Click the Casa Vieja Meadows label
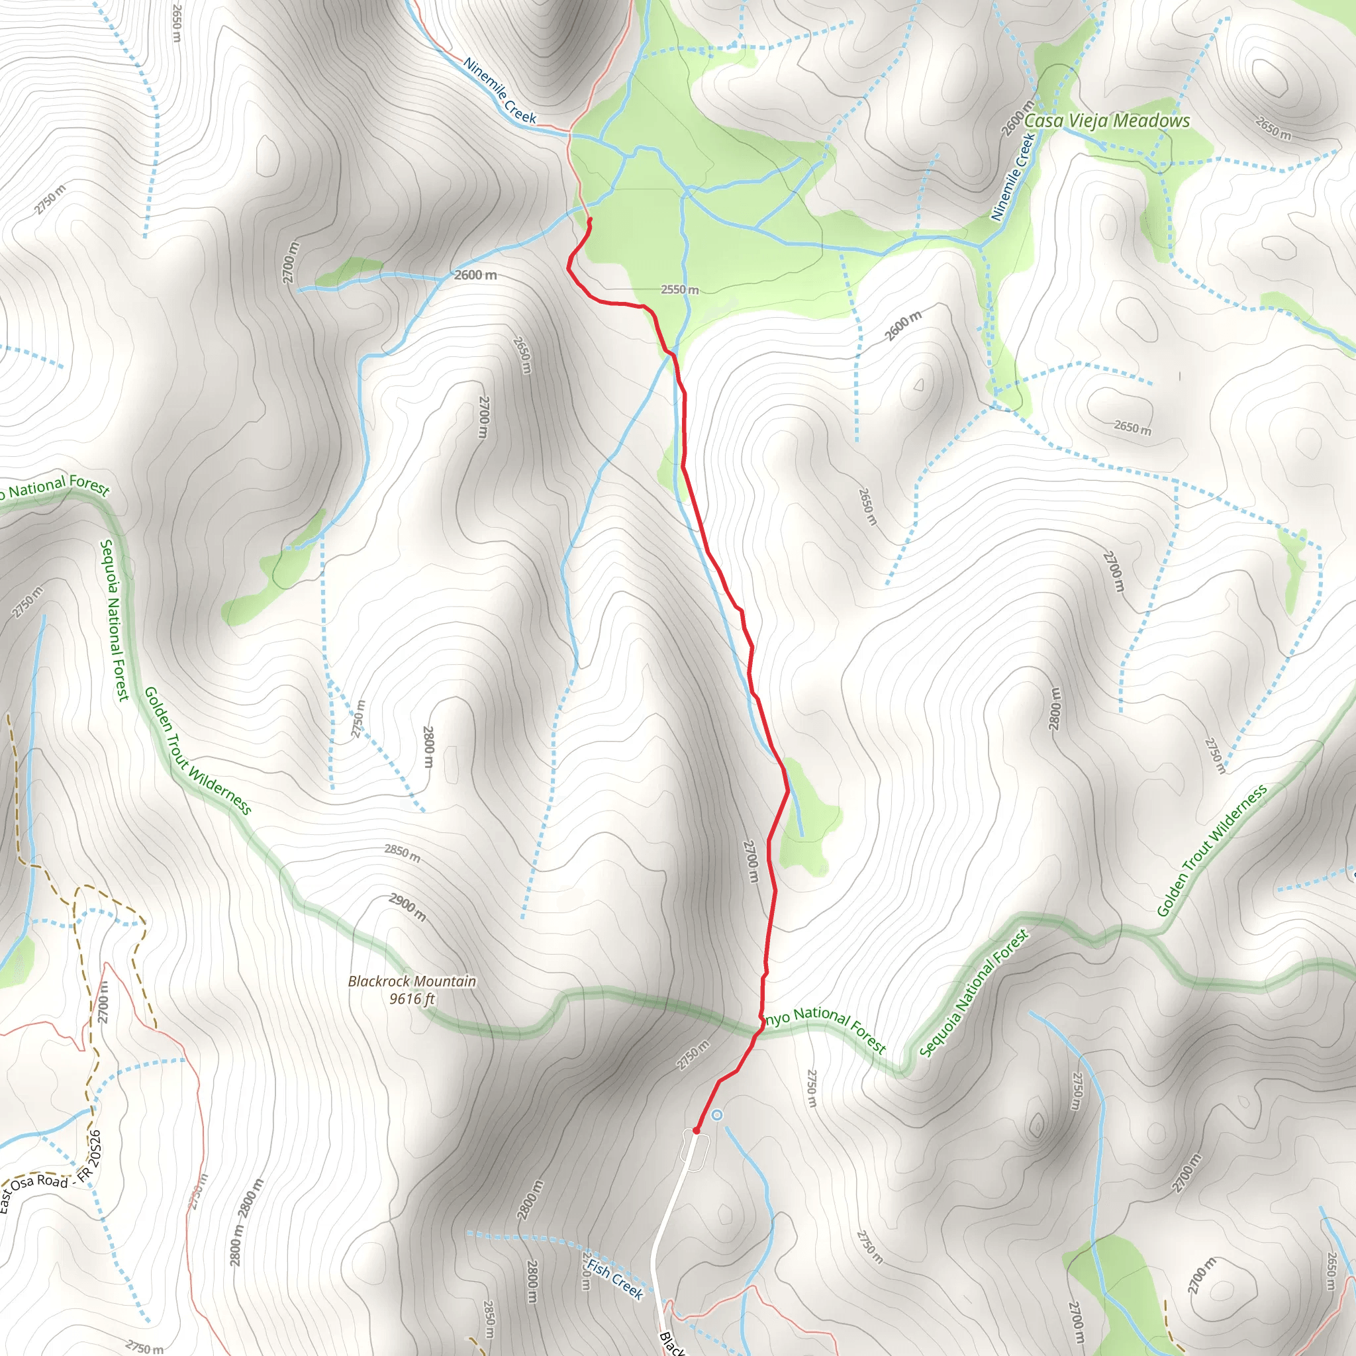[1107, 121]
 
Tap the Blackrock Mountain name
[412, 981]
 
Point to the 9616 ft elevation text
[412, 998]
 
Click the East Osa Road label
[35, 1190]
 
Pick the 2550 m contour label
[679, 289]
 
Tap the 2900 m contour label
[407, 907]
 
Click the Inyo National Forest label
[825, 1029]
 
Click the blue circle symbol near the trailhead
[716, 1114]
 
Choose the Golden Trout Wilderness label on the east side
[1212, 850]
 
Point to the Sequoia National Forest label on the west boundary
[115, 619]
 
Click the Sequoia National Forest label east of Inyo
[974, 993]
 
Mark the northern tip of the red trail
[589, 220]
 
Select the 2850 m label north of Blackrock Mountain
[402, 853]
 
